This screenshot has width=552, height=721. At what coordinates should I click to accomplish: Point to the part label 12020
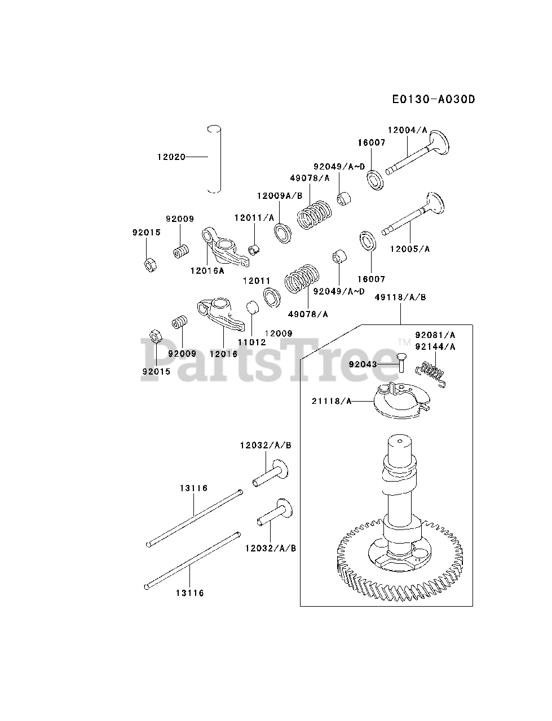[171, 157]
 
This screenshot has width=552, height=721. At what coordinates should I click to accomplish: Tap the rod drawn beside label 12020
[214, 159]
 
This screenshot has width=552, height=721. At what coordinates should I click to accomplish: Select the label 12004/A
[407, 130]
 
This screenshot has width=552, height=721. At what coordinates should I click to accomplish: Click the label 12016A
[207, 270]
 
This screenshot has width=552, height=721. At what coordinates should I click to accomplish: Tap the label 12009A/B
[280, 195]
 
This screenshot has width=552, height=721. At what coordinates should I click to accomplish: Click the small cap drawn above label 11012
[252, 308]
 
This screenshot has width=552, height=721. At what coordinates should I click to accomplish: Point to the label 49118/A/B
[400, 297]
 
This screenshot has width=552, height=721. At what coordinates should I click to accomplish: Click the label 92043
[363, 364]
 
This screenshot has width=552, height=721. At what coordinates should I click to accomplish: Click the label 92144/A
[435, 346]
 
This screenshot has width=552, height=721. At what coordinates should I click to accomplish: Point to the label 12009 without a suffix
[279, 333]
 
